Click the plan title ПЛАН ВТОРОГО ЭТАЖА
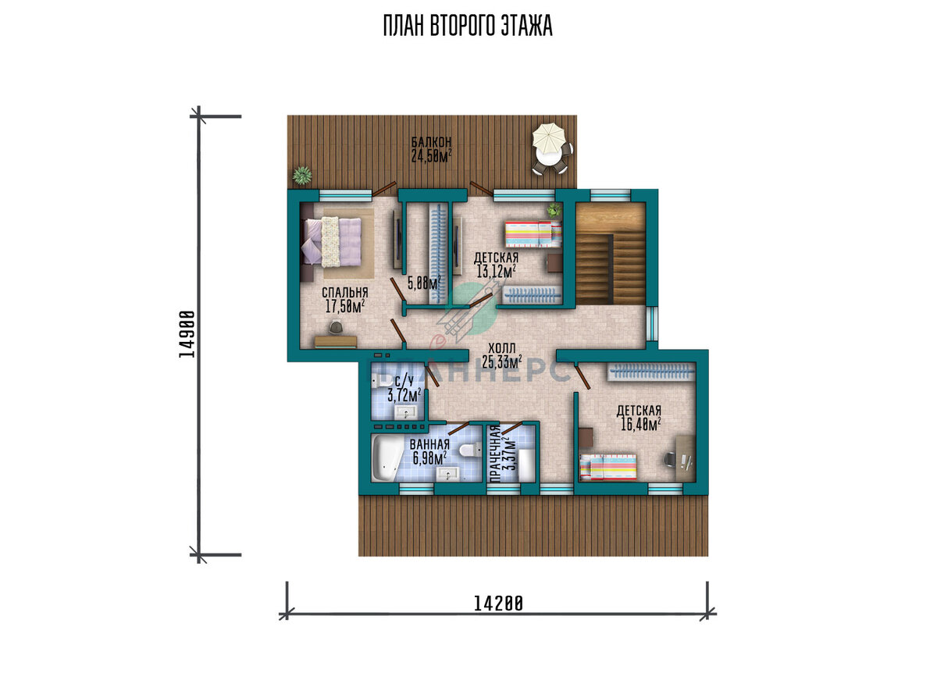pos(468,26)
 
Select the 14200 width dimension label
pos(498,603)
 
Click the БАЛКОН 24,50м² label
pos(431,149)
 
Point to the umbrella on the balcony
pos(548,138)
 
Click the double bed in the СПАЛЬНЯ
pos(332,242)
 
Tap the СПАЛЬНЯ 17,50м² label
pos(344,300)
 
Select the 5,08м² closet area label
pos(424,283)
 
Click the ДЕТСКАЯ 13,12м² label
pos(496,265)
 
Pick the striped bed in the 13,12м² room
pos(533,234)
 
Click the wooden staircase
pos(611,254)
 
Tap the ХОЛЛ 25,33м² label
pos(502,356)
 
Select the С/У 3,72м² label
pos(404,389)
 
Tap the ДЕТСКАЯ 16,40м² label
pos(639,418)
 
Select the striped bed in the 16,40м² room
pos(607,467)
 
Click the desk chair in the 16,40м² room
pos(670,459)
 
